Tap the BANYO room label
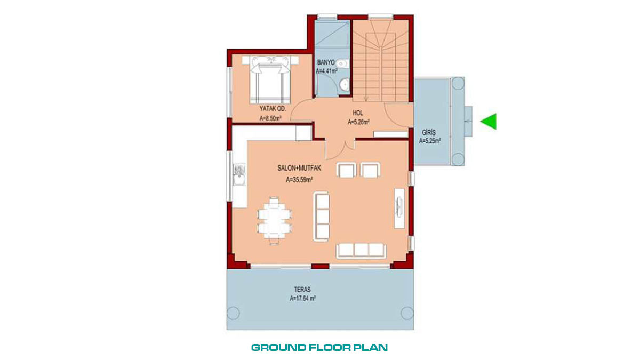coord(326,62)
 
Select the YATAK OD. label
coord(273,109)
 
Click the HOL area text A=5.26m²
coord(358,122)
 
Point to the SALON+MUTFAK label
coord(299,168)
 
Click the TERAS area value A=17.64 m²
coord(302,298)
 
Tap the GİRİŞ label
coord(429,133)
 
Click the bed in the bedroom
coord(270,80)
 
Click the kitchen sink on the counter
coord(239,175)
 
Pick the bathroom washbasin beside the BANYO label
coord(341,63)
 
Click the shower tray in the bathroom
coord(332,33)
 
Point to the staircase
coord(380,61)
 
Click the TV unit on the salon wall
coord(399,208)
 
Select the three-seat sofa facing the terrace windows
coord(361,250)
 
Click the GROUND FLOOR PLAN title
coord(319,347)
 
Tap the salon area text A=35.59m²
coord(299,180)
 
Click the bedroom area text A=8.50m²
coord(270,118)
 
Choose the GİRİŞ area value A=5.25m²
coord(430,141)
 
